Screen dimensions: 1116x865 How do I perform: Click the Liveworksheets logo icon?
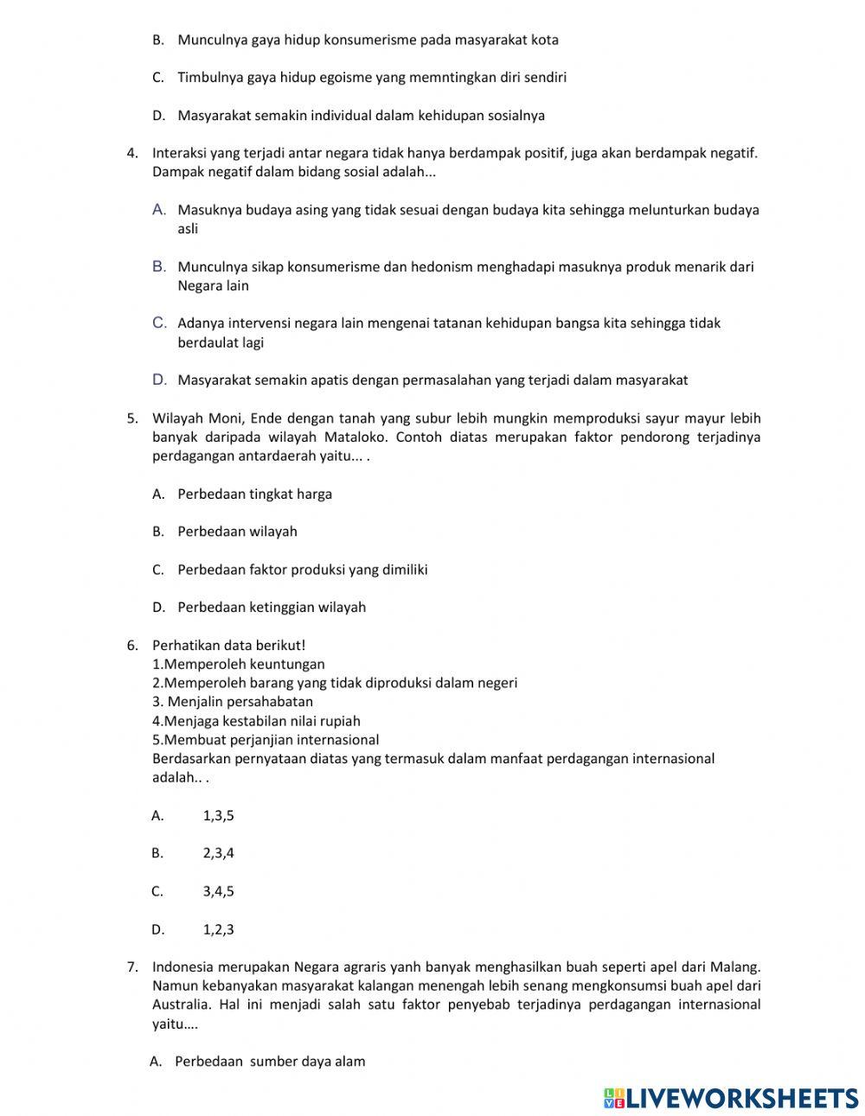coord(614,1097)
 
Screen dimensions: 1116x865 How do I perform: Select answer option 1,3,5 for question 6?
coord(218,815)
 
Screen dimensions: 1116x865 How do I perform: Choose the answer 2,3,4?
coord(218,853)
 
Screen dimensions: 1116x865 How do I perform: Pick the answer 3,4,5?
coord(218,891)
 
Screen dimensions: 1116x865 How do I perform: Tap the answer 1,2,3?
coord(218,930)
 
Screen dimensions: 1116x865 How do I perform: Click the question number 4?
coord(132,153)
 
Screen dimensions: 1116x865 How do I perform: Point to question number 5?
coord(132,418)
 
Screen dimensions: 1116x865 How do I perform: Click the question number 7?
coord(132,966)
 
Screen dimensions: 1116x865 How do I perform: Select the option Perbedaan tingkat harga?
coord(254,494)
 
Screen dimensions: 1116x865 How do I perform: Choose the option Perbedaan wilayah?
coord(237,532)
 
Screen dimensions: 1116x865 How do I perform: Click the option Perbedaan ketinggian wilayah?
coord(272,608)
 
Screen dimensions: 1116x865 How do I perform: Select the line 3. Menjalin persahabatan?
coord(233,702)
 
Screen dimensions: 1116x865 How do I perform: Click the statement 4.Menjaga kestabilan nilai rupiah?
coord(256,721)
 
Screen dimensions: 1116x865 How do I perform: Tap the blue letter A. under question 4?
coord(159,209)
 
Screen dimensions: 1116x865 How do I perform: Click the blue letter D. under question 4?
coord(159,379)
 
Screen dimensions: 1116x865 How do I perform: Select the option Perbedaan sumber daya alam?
coord(270,1062)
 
